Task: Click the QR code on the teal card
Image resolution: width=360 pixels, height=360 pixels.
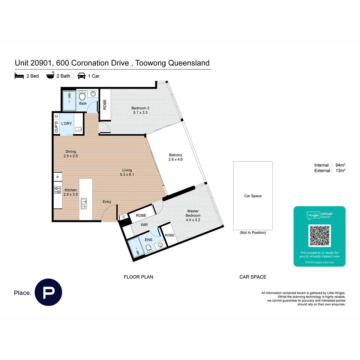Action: click(320, 235)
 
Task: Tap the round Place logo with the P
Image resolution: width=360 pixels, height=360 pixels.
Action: click(48, 292)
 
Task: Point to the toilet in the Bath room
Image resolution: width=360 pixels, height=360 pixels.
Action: click(82, 97)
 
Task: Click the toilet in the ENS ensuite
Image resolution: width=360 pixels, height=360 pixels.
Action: click(149, 247)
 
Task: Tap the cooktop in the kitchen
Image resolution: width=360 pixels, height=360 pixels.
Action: click(57, 190)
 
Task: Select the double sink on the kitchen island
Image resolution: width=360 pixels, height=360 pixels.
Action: click(84, 203)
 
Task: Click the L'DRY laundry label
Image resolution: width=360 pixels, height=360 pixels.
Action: click(66, 124)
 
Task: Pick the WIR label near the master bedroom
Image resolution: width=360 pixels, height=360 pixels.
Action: click(144, 225)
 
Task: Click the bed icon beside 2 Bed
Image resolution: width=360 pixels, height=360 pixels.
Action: click(19, 76)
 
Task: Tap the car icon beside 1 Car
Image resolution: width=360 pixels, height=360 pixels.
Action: click(81, 76)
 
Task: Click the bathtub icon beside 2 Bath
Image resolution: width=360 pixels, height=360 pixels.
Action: click(50, 76)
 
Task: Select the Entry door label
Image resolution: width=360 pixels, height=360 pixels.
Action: click(107, 202)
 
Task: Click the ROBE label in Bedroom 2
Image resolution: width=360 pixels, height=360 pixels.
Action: click(105, 105)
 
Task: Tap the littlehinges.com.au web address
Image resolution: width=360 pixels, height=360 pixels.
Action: click(319, 263)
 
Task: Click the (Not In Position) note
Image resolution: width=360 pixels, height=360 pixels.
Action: click(253, 233)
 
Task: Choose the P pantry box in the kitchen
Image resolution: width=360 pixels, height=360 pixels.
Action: click(57, 177)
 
